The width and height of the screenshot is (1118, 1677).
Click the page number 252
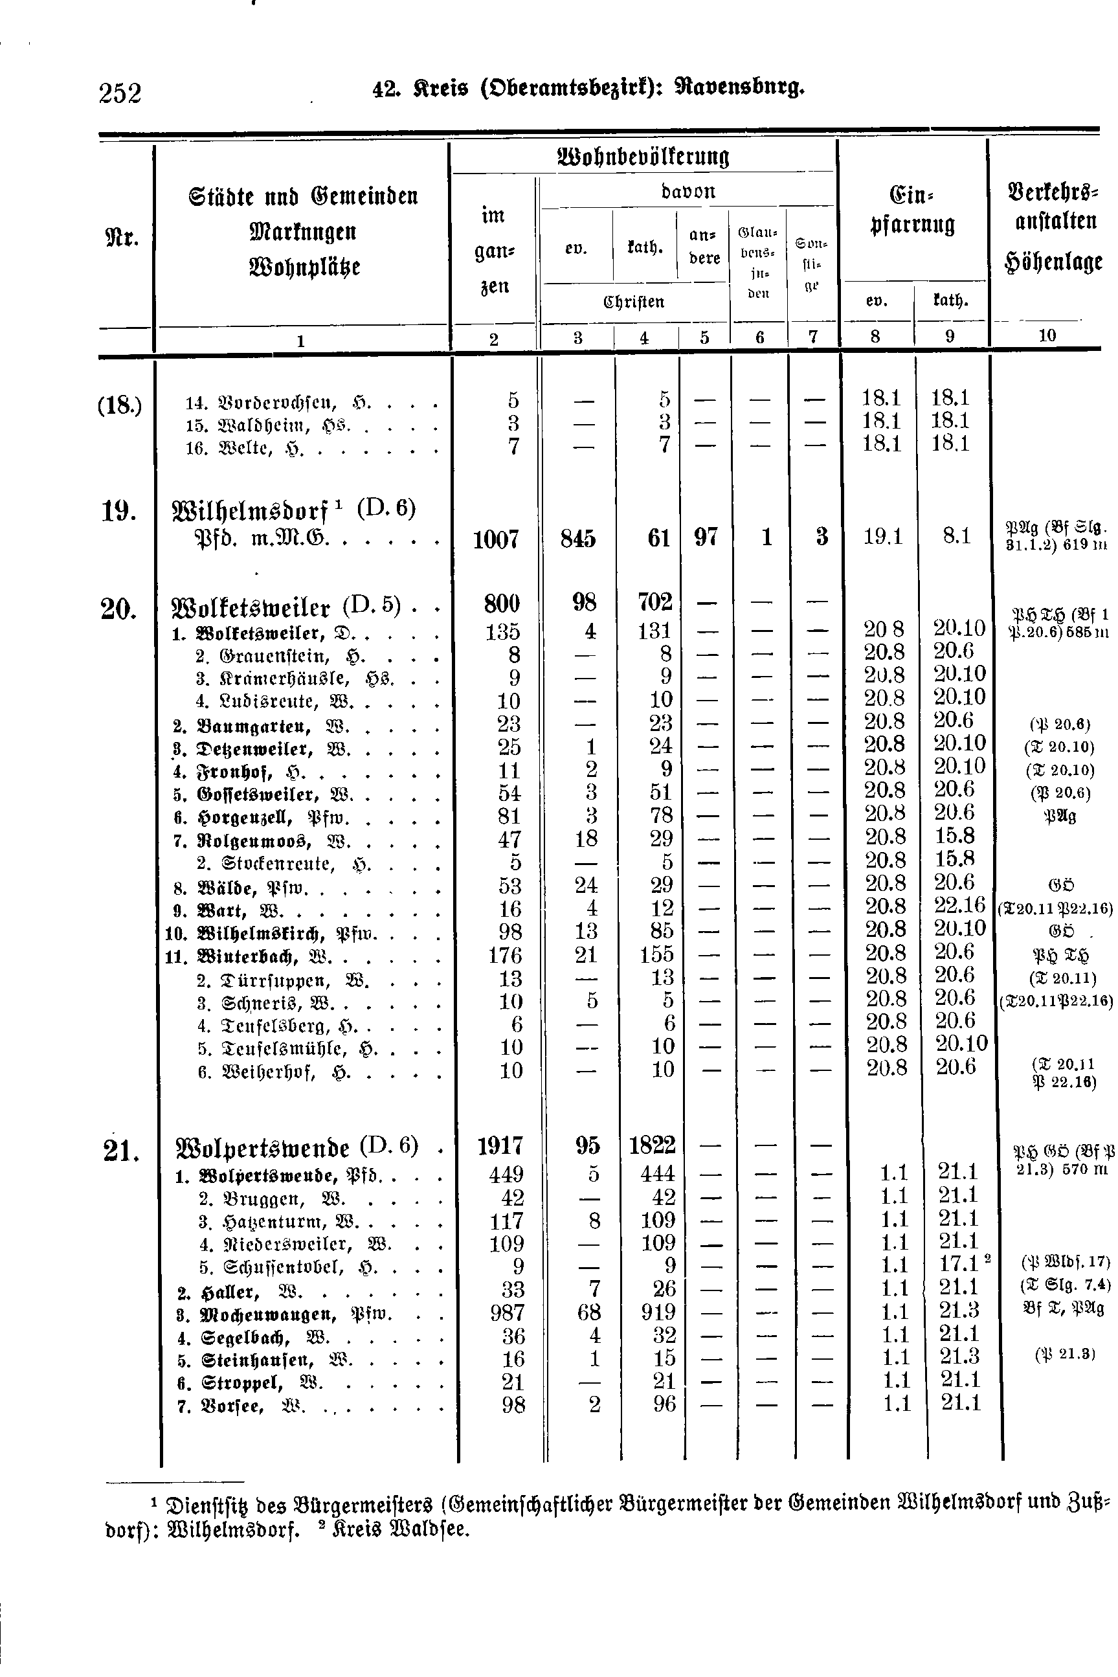(x=120, y=93)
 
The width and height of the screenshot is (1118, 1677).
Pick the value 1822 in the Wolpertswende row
(x=652, y=1145)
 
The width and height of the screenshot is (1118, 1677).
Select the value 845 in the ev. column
(x=577, y=538)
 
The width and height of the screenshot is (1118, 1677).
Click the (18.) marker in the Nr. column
(x=120, y=406)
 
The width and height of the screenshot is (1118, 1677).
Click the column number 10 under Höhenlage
(x=1047, y=335)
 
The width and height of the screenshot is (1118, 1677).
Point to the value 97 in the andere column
(x=705, y=537)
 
